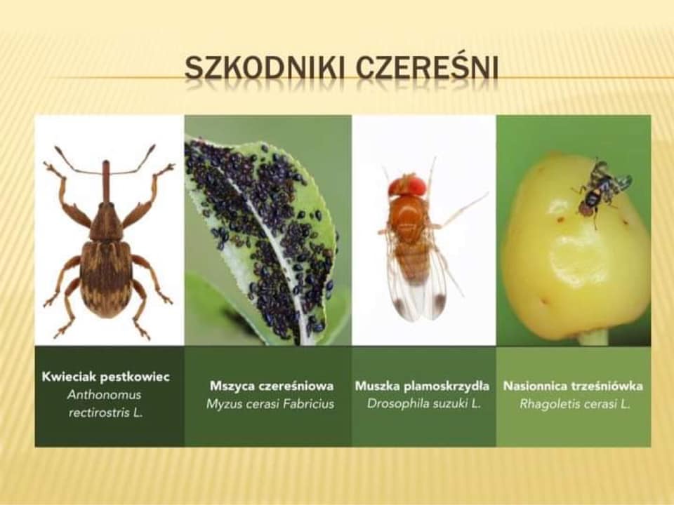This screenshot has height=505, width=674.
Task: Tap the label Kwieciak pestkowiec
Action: point(106,377)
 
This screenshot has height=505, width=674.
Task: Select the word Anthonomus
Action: point(104,395)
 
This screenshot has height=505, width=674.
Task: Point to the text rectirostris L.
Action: point(106,412)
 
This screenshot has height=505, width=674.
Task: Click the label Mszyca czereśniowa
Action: point(272,386)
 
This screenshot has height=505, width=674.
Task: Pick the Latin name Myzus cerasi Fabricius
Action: point(270,404)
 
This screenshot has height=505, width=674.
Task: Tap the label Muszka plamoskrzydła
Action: point(422,386)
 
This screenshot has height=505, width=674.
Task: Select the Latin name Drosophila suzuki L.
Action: point(424,404)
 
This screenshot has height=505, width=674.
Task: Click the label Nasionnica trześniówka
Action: point(574,386)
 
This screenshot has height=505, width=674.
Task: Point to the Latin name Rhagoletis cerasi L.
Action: point(575,404)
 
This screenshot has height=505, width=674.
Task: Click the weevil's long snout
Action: point(106,181)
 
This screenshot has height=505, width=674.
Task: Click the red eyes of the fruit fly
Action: point(408,185)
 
